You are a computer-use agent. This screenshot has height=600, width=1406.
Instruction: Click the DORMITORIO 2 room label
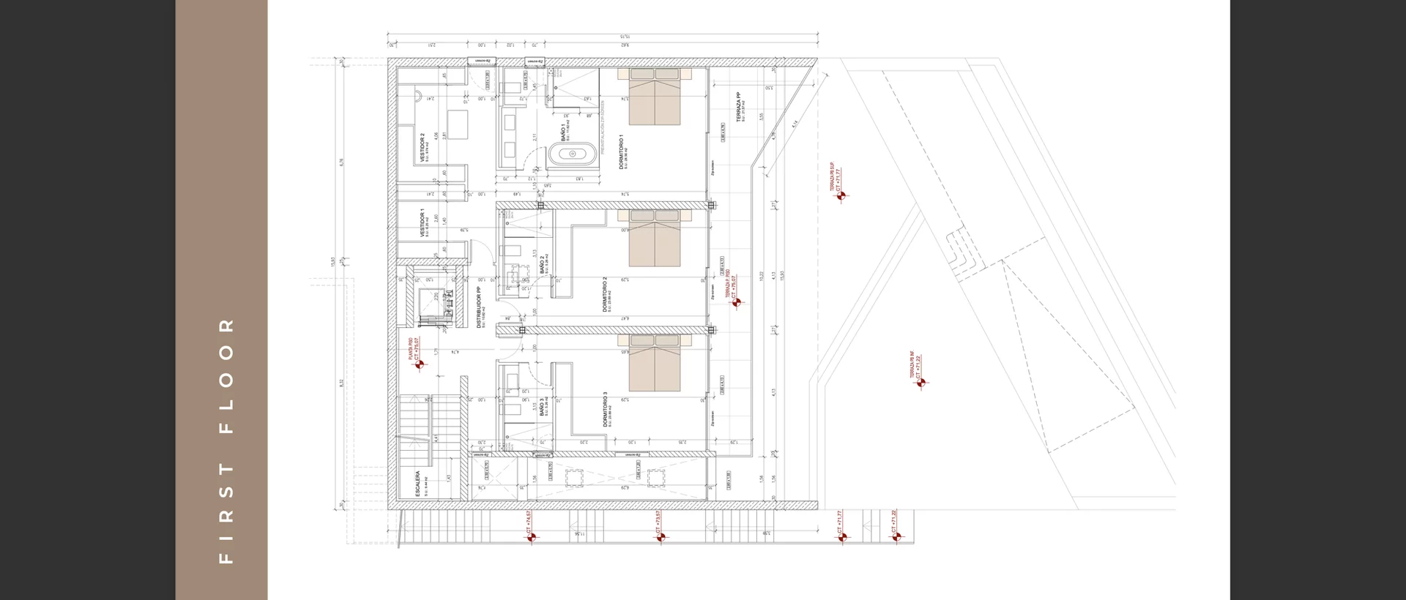(606, 294)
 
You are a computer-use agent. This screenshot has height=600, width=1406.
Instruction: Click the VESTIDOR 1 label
(422, 222)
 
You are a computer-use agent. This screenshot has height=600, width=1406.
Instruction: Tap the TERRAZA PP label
(738, 107)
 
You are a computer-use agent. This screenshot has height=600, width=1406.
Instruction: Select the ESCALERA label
(418, 484)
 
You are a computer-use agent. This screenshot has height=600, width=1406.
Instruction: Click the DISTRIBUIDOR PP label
(479, 307)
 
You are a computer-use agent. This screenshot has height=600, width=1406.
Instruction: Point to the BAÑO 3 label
(543, 407)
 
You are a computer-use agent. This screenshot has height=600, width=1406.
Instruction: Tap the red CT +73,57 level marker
(661, 537)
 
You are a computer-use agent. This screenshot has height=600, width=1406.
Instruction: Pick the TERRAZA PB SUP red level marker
(841, 195)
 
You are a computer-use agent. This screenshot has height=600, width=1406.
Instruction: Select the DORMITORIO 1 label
(622, 152)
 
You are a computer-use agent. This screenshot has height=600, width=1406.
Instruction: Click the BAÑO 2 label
(543, 265)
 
